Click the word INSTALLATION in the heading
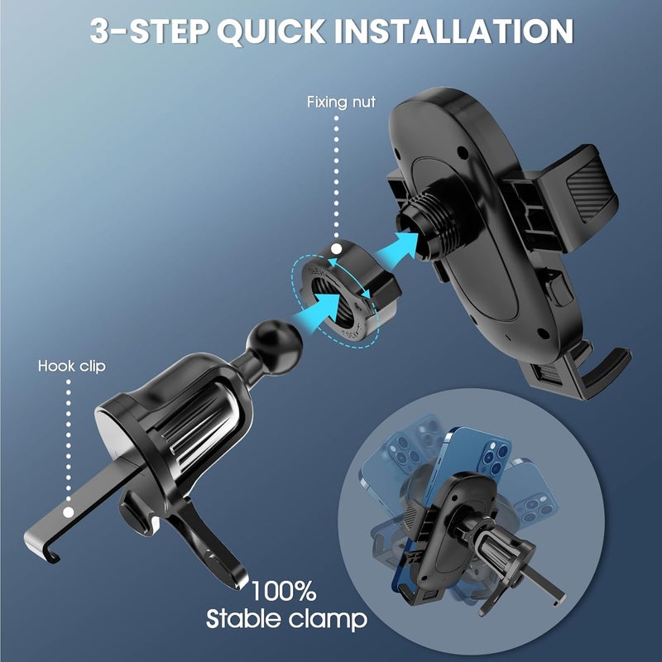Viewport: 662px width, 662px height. point(454,31)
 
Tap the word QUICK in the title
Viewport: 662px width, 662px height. point(271,31)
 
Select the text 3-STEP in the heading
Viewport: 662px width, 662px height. point(149,31)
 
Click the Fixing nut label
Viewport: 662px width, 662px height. point(341,102)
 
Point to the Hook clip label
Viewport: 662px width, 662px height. point(71,366)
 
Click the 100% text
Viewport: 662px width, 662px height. point(284,591)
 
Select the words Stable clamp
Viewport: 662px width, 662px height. point(286,619)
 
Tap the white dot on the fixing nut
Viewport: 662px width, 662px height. point(336,249)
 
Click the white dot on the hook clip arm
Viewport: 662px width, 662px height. point(68,512)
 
